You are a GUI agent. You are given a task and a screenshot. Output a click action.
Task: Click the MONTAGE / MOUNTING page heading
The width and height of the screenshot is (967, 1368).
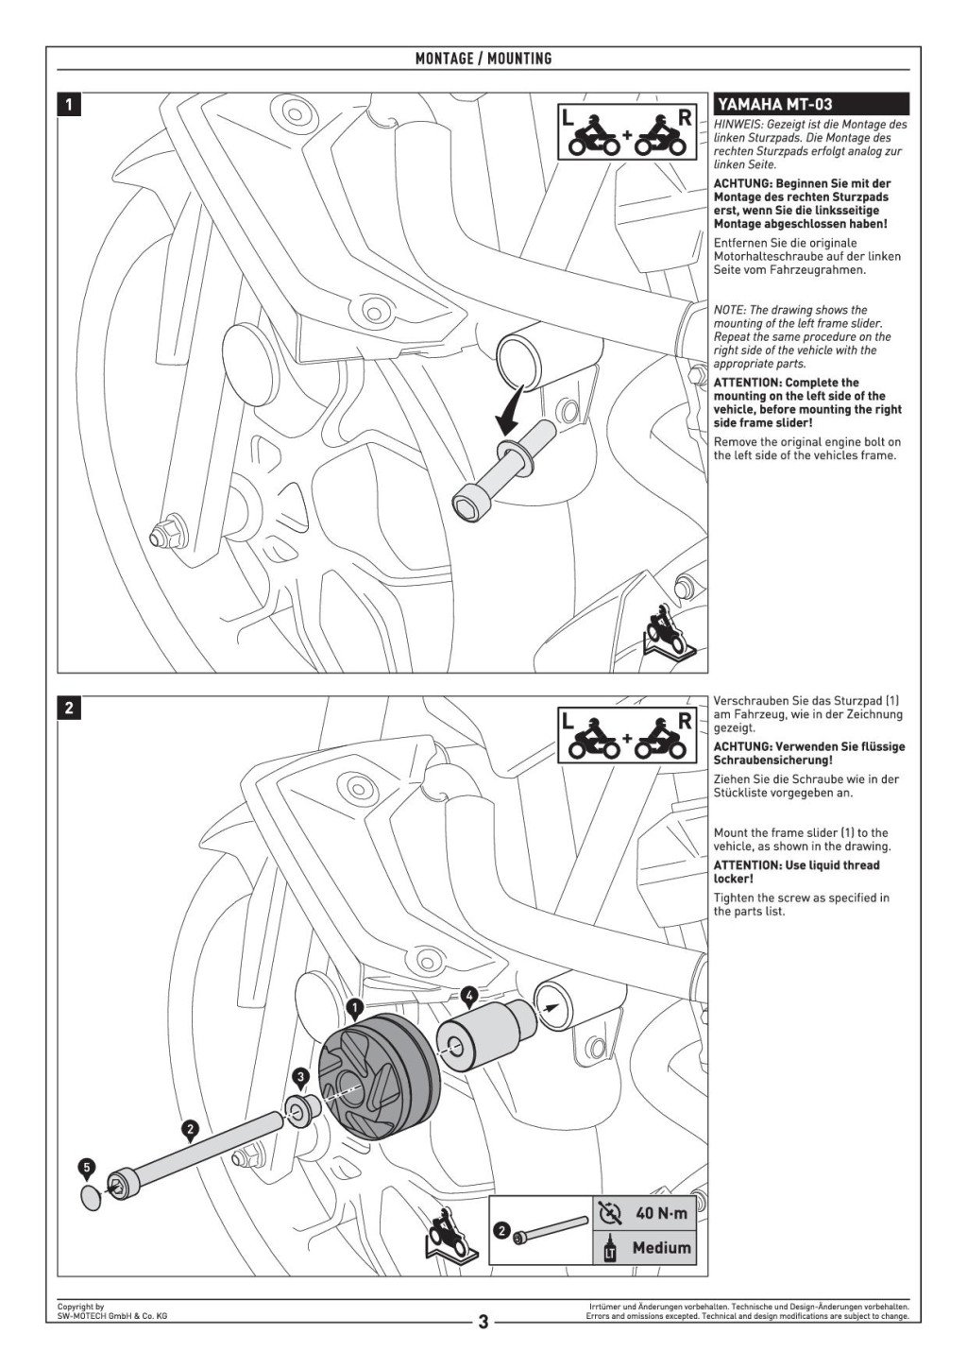click(483, 59)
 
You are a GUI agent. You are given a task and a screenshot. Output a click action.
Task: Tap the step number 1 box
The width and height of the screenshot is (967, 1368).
click(69, 104)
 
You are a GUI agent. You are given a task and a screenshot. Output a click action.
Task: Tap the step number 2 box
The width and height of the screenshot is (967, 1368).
click(69, 708)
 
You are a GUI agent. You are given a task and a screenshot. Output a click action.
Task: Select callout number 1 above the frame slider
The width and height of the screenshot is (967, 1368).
click(355, 1008)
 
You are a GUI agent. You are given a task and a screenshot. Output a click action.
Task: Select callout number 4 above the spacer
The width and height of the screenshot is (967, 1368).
click(469, 995)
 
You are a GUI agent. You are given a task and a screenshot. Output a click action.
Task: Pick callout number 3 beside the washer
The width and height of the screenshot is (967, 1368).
click(300, 1076)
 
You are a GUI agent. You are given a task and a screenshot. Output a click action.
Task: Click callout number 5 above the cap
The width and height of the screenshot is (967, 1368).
click(87, 1169)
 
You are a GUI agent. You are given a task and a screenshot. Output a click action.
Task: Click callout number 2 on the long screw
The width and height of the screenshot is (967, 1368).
click(190, 1128)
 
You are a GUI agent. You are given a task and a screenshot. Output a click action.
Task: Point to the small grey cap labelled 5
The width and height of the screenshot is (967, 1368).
click(91, 1198)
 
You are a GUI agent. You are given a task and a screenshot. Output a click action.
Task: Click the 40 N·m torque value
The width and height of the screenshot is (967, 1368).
click(661, 1213)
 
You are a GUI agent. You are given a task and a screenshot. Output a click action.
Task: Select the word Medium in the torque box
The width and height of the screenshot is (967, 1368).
click(661, 1248)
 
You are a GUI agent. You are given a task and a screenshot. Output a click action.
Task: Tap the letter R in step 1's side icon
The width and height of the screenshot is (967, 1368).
click(685, 118)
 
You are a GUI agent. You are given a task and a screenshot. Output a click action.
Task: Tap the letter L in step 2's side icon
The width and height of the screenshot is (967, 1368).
click(568, 721)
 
